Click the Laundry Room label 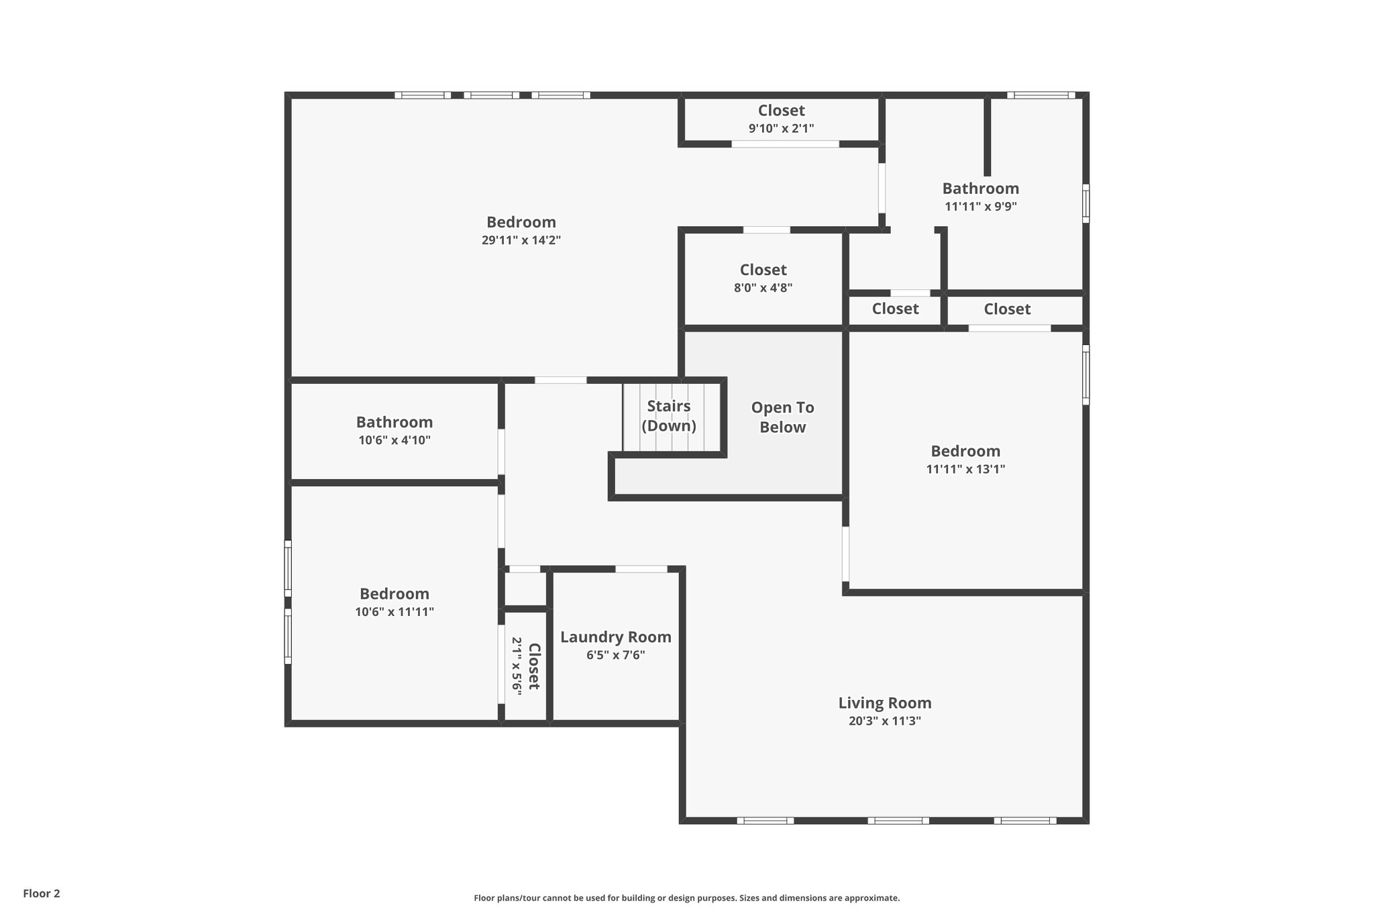[x=615, y=637]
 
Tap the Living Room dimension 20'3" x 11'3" [x=884, y=721]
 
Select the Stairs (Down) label [x=668, y=416]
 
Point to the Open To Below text [x=782, y=417]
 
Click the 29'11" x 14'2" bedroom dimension [x=521, y=240]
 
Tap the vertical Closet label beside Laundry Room [x=534, y=666]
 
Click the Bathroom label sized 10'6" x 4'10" [x=394, y=422]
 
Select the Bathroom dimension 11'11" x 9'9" [x=980, y=207]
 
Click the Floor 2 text [x=42, y=893]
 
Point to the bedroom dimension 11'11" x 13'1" [x=965, y=469]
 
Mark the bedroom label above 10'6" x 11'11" [x=394, y=594]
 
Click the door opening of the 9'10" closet [x=784, y=144]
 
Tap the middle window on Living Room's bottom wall [x=898, y=820]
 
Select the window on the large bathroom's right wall [x=1086, y=203]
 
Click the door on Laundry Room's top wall [x=641, y=569]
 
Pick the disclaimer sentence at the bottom [x=686, y=898]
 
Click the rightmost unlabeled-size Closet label [x=1006, y=309]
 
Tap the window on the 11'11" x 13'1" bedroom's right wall [x=1086, y=374]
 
